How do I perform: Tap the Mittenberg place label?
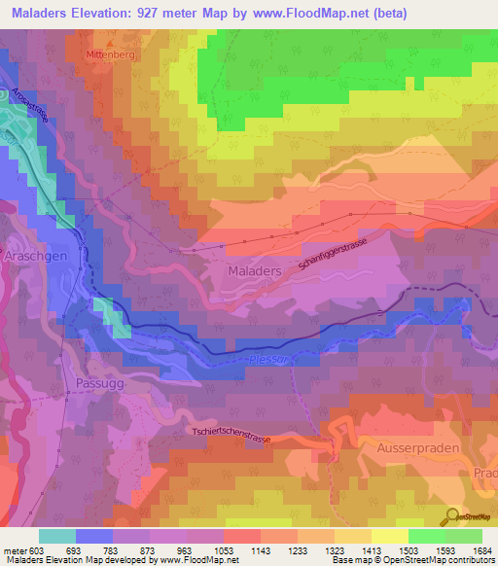coord(111,55)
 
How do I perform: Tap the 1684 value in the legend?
coord(480,550)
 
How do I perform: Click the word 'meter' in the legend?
coord(14,550)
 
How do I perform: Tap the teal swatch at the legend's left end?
coord(57,536)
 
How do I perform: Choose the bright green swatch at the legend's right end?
coord(463,536)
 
